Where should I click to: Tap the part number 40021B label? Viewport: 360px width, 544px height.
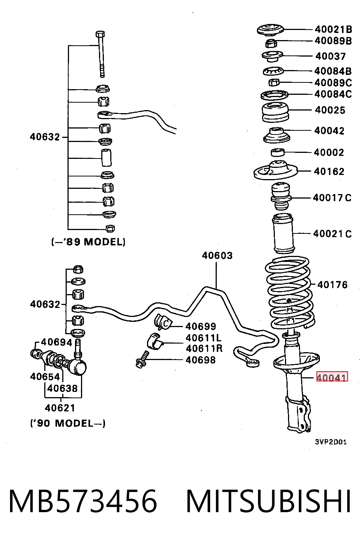click(x=333, y=29)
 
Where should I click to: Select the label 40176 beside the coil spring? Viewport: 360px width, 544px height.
click(x=332, y=285)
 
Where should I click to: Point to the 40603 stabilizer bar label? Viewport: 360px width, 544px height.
click(x=217, y=255)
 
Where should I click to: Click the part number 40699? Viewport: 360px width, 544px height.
click(x=201, y=326)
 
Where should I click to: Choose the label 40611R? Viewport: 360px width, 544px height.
click(x=204, y=349)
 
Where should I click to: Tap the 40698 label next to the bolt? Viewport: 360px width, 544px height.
click(x=201, y=360)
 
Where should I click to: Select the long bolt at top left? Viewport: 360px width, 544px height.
click(x=100, y=54)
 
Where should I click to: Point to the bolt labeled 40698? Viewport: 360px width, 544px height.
click(x=142, y=359)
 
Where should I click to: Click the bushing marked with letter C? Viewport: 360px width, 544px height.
click(x=163, y=322)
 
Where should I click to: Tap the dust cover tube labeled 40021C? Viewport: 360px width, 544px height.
click(x=283, y=233)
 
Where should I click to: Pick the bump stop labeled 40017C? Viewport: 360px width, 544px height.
click(x=281, y=196)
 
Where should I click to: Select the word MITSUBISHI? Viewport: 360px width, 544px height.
click(x=268, y=501)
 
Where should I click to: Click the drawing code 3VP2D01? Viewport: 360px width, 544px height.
click(x=331, y=442)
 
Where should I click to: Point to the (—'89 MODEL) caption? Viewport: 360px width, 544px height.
click(x=88, y=242)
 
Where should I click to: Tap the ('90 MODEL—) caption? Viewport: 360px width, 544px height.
click(x=68, y=423)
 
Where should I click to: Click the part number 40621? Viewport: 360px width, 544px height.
click(x=60, y=408)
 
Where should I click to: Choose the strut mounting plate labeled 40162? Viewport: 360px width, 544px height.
click(x=275, y=170)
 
